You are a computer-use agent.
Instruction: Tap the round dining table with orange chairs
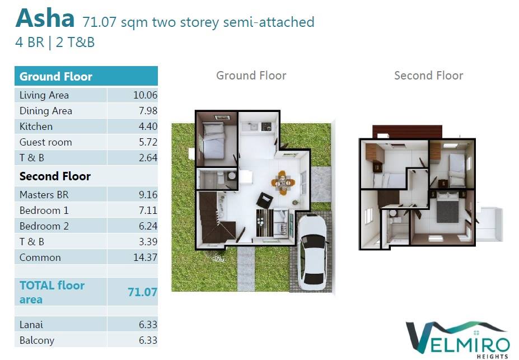click(x=283, y=183)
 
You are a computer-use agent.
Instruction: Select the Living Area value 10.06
click(x=146, y=95)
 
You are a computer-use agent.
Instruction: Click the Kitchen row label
click(x=36, y=127)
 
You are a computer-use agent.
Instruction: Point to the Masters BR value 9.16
click(x=148, y=195)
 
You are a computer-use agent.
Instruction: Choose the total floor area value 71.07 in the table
click(x=142, y=292)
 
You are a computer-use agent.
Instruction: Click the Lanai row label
click(x=31, y=325)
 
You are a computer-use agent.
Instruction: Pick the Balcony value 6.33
click(x=148, y=340)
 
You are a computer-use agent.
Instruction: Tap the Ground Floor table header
click(x=56, y=77)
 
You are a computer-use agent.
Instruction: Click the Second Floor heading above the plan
click(x=429, y=76)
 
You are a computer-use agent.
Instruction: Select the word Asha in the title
click(x=45, y=18)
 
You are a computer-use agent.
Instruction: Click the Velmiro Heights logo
click(x=459, y=340)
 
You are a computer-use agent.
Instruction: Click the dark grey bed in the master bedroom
click(x=448, y=207)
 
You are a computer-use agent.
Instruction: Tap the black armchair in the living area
click(x=265, y=200)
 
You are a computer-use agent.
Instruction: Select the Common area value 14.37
click(x=146, y=257)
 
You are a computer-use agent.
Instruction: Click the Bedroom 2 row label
click(x=44, y=226)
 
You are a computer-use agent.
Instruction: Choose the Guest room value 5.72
click(x=148, y=142)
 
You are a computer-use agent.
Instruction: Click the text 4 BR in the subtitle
click(x=30, y=43)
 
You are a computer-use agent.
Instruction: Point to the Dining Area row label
click(x=46, y=111)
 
